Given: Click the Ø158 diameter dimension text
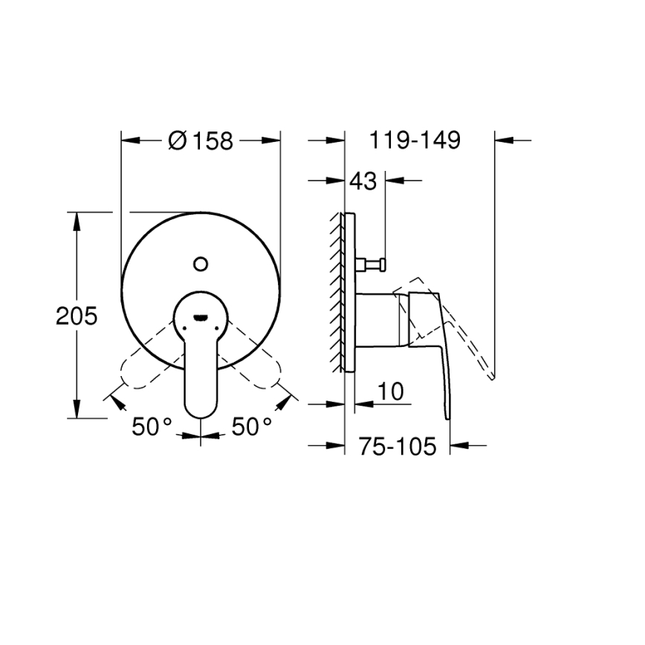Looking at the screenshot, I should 201,140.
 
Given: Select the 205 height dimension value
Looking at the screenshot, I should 77,317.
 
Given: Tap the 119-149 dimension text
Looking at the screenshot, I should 414,140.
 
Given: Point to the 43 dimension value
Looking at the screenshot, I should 363,181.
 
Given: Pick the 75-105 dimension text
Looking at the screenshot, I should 395,446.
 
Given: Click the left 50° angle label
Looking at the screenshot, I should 152,427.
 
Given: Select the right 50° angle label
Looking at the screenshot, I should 252,427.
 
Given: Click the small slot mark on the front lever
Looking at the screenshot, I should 200,317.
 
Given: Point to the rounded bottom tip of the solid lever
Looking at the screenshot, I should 201,410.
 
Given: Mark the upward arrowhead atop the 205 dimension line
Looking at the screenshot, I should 77,219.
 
